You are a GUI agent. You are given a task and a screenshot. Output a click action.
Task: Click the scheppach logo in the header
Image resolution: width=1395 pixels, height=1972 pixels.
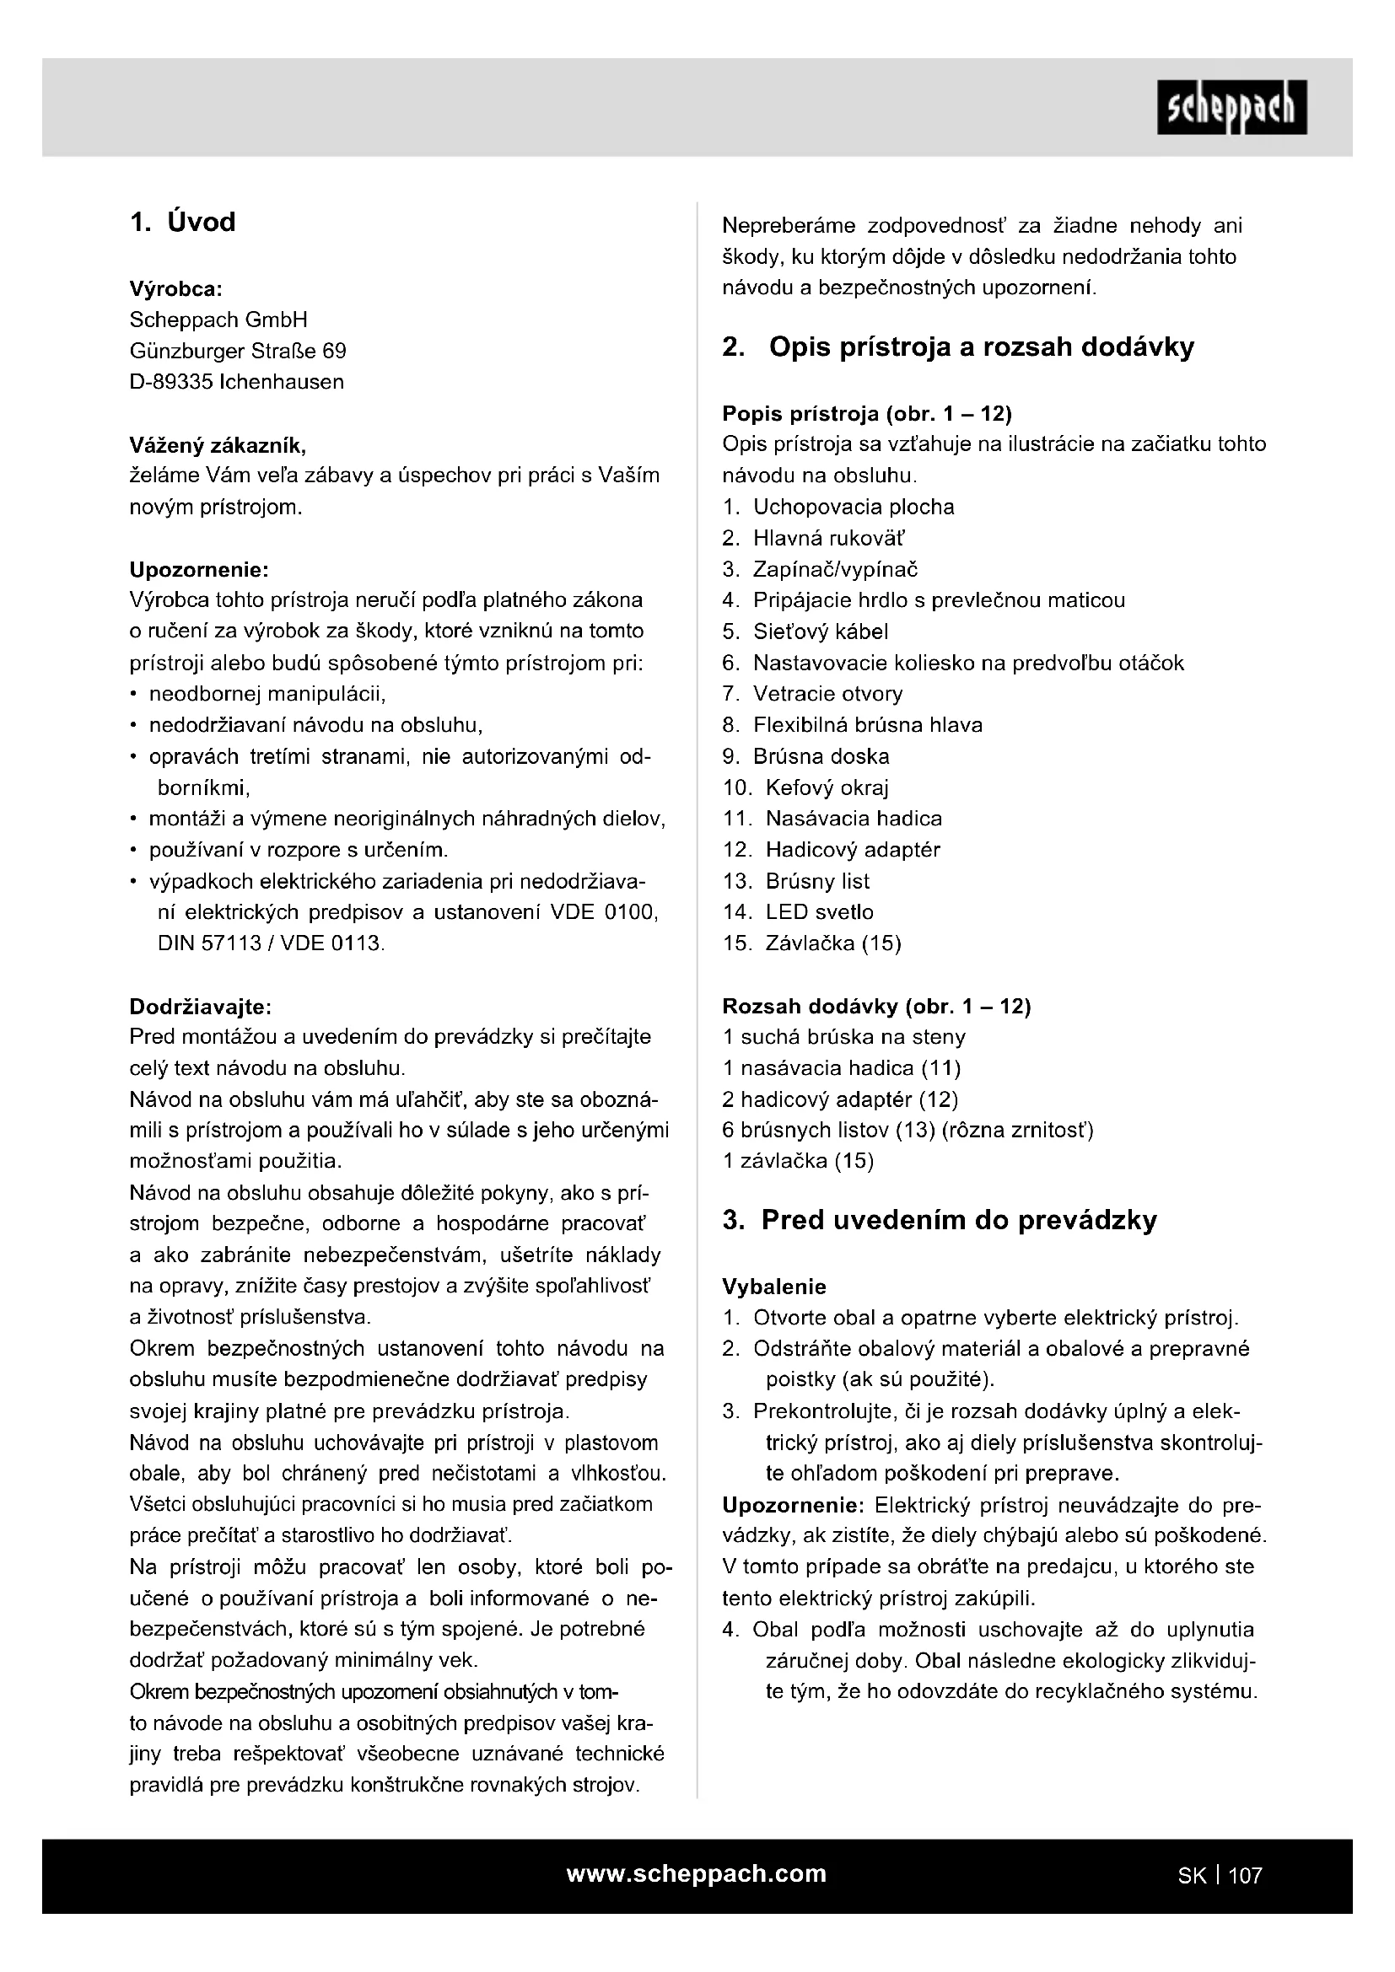[1231, 107]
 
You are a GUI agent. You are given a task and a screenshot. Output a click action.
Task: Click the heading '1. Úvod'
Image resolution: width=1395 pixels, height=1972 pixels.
[182, 223]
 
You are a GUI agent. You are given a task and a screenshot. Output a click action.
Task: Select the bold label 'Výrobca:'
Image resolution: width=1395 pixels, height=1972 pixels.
[175, 287]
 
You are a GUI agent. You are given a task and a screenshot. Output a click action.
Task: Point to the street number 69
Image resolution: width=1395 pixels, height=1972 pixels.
[334, 352]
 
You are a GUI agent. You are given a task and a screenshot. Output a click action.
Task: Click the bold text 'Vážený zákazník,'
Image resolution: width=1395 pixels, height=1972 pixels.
[218, 445]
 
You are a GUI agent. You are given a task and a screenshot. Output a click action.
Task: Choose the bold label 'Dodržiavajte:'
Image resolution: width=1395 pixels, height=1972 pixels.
[200, 1006]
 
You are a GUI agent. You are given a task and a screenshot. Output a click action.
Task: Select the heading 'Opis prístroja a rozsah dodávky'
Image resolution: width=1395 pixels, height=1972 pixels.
[981, 347]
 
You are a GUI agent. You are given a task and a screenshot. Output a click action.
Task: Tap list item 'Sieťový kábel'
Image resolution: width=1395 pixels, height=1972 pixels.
[821, 631]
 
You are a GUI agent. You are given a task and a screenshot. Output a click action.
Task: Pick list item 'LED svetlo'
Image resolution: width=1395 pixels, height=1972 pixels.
[820, 912]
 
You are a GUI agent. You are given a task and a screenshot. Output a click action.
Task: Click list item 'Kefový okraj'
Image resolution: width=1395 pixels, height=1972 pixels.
[827, 787]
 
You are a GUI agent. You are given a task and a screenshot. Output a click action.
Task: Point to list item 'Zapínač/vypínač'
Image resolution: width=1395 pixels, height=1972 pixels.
[835, 569]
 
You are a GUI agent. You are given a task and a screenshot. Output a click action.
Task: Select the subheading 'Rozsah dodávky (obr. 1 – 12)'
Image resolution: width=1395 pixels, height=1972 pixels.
[876, 1006]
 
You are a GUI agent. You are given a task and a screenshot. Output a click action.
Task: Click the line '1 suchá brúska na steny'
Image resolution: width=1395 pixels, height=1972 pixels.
[843, 1037]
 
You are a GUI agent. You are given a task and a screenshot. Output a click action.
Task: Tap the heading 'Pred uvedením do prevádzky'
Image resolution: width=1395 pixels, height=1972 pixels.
[959, 1221]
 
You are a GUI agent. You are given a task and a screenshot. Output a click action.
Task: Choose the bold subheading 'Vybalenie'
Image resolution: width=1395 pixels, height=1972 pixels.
[774, 1287]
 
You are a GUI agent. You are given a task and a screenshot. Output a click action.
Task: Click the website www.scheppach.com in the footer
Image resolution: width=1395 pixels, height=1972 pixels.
[696, 1873]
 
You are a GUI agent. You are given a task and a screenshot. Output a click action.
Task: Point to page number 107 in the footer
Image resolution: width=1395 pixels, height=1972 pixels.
[1245, 1876]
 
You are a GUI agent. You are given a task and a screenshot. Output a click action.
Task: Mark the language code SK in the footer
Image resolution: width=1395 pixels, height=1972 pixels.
[1192, 1876]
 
